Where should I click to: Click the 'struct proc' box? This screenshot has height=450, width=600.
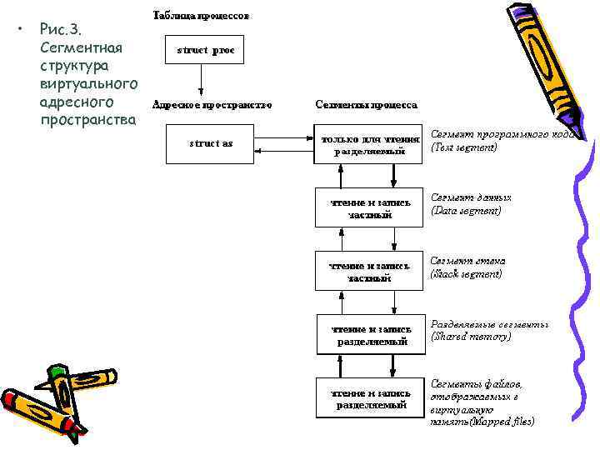[206, 51]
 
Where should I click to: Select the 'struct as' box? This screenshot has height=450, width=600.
[211, 143]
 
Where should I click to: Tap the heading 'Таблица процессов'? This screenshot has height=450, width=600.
[200, 16]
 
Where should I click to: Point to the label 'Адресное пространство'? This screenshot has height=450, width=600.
[212, 106]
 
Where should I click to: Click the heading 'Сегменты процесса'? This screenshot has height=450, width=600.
[367, 106]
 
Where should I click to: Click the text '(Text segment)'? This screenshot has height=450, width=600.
[464, 147]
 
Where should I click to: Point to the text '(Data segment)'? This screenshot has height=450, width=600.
[466, 211]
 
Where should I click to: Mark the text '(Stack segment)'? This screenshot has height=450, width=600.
[466, 273]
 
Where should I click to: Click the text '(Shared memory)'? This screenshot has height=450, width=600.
[471, 337]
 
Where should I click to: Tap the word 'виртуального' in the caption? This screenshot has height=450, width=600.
[88, 83]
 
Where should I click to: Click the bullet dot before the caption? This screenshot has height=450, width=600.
[20, 29]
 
